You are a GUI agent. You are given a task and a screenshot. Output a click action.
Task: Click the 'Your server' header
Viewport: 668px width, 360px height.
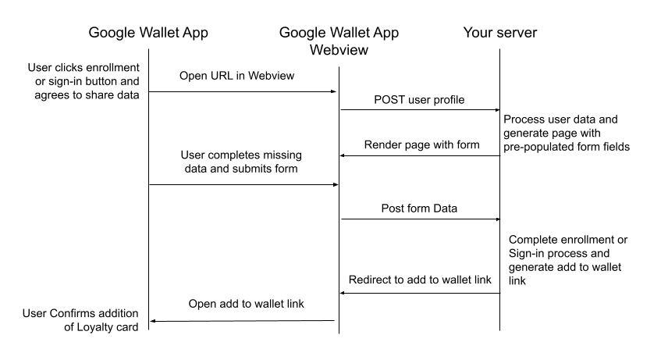click(499, 33)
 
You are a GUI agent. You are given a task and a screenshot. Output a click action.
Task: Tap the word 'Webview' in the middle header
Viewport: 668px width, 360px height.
click(339, 51)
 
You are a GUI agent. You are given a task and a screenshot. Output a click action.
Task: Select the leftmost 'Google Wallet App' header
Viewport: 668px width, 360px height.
click(148, 33)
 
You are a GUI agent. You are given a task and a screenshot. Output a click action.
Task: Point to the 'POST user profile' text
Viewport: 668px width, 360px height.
click(420, 100)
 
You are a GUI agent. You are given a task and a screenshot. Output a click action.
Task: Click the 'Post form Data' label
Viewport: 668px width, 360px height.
click(420, 209)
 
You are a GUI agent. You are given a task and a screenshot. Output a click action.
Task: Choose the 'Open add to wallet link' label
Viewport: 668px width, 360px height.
click(242, 305)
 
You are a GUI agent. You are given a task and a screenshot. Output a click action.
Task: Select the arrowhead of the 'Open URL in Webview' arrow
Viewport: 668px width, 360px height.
click(334, 92)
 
